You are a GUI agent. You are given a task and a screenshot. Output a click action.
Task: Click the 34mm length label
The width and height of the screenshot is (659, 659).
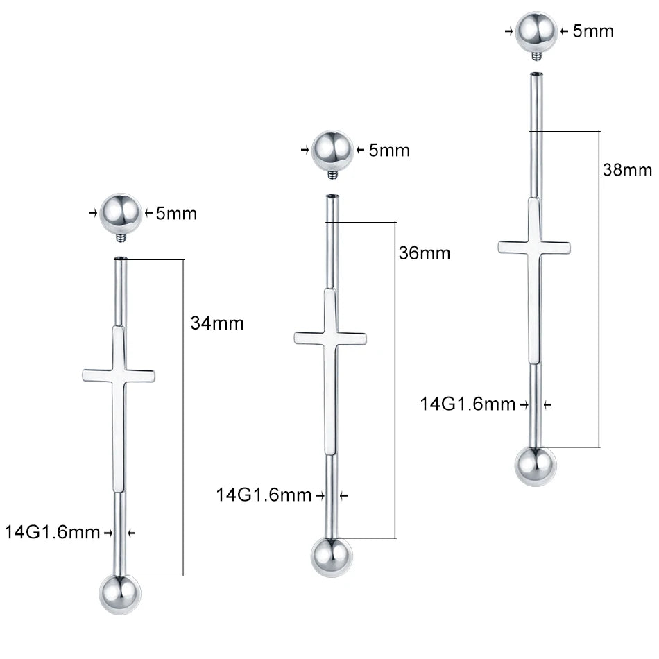(217, 323)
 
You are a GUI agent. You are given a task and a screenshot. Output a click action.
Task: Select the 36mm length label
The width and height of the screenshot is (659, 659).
(425, 253)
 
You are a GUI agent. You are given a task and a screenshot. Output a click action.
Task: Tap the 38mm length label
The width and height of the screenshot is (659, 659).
(627, 170)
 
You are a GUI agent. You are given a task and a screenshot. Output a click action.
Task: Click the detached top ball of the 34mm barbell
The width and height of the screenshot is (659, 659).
(120, 214)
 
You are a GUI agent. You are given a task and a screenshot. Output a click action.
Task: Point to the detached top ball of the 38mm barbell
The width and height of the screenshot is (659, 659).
(536, 32)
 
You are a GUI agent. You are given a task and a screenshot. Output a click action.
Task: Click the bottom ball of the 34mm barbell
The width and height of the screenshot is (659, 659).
(120, 594)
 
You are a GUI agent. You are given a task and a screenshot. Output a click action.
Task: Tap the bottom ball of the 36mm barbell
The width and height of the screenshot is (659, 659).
(332, 557)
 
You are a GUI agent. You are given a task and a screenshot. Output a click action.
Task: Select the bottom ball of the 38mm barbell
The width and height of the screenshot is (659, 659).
(536, 466)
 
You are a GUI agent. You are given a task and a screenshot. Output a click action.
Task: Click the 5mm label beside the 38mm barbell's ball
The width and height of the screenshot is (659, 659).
(593, 31)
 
